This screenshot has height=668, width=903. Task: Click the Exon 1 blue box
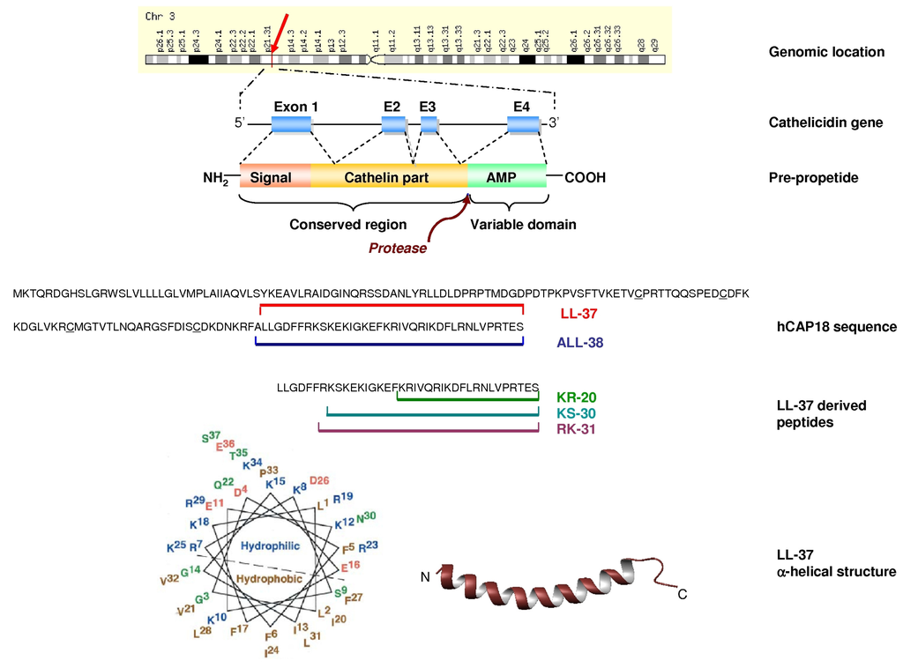pos(291,125)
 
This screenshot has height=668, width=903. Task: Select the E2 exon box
pos(393,125)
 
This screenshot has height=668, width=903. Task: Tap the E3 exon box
pos(429,125)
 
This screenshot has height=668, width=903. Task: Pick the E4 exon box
pos(523,125)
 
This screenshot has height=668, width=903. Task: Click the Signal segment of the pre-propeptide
pos(274,177)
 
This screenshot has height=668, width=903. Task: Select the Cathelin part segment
pos(388,177)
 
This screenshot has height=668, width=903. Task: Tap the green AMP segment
pos(506,177)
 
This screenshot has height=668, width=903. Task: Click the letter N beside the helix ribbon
pos(425,577)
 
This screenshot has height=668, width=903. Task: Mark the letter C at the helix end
pos(681,595)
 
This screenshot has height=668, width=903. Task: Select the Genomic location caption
pos(825,52)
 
